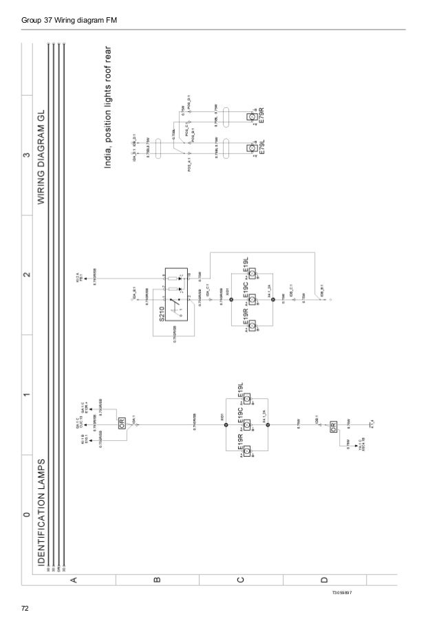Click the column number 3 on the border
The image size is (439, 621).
tap(25, 156)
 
